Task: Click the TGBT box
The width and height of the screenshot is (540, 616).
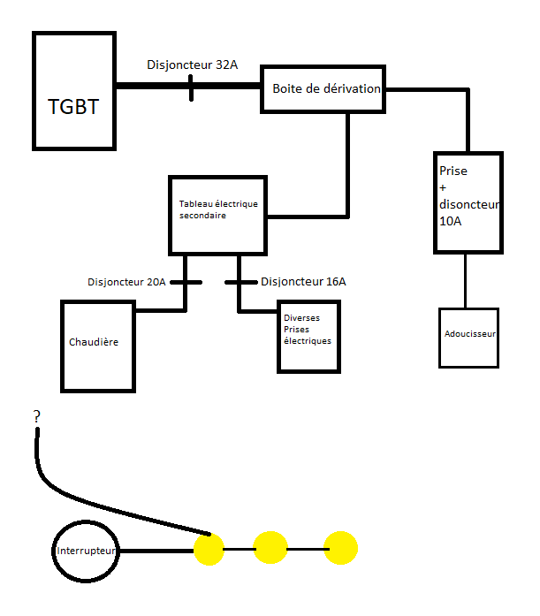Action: tap(75, 91)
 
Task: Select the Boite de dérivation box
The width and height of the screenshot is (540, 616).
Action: tap(324, 89)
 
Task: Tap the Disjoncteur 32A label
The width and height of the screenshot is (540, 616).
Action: tap(192, 65)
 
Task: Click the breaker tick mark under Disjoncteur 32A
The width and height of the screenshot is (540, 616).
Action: tap(192, 87)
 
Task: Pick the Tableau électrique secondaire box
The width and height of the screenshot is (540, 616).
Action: tap(218, 215)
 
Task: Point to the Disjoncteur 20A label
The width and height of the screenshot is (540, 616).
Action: tap(126, 282)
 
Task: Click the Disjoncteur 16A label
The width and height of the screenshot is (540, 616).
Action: tap(303, 282)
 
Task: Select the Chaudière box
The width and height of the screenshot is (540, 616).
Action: tap(98, 345)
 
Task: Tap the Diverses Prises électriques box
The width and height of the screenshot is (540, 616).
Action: tap(307, 336)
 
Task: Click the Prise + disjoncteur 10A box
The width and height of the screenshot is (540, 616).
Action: tap(468, 202)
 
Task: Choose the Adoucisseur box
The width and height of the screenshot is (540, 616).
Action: tap(468, 337)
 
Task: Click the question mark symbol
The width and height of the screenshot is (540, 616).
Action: tap(36, 416)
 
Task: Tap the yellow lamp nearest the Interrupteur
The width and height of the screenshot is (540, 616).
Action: tap(209, 549)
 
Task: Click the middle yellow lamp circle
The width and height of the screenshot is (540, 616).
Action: tap(270, 549)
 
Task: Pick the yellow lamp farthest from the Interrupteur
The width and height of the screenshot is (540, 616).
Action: tap(340, 548)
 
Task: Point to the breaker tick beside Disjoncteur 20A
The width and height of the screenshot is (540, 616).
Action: tap(186, 283)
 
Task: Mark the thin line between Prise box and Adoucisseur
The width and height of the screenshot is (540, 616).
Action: tap(466, 281)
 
